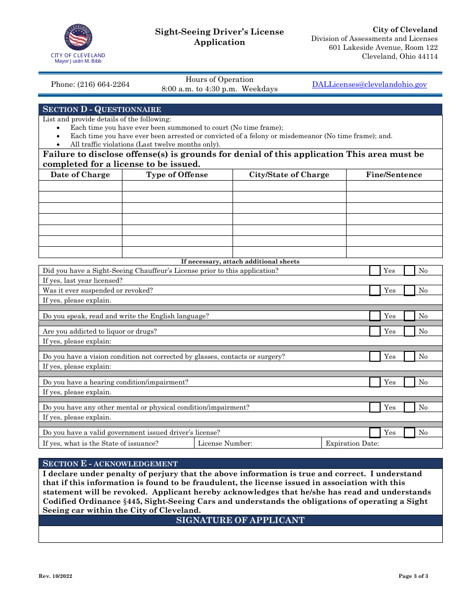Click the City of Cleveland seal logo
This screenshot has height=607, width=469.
click(78, 38)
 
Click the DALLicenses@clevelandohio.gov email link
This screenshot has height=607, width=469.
click(369, 84)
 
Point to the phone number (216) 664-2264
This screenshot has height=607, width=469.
click(90, 84)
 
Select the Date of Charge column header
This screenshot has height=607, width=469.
click(80, 175)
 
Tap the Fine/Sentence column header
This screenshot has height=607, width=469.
click(394, 175)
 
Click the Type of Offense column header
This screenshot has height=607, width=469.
click(177, 175)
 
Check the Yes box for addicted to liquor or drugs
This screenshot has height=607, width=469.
click(375, 331)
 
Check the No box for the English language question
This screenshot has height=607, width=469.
click(409, 316)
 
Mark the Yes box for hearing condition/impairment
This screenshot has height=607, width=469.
click(375, 382)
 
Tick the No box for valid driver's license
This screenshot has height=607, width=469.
click(409, 432)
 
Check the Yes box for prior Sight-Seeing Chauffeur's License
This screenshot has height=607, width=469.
click(375, 270)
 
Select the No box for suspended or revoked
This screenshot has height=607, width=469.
click(409, 290)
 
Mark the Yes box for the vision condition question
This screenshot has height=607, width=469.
click(375, 356)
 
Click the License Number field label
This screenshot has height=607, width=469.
click(225, 443)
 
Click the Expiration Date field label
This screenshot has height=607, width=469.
click(352, 443)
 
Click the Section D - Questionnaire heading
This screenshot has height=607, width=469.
click(102, 109)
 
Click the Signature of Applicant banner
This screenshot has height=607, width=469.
click(240, 520)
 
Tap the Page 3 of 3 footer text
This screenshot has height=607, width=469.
click(413, 576)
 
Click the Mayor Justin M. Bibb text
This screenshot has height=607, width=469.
click(78, 61)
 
